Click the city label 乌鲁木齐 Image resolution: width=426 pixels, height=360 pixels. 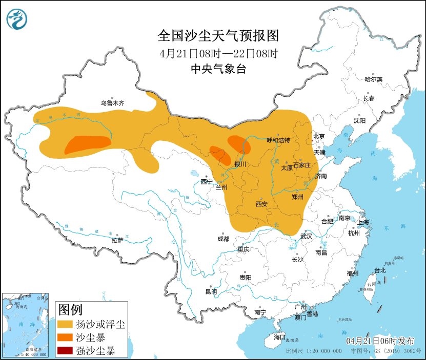click(x=112, y=103)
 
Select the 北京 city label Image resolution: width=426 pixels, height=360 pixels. click(x=319, y=136)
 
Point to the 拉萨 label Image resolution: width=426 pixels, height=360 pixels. click(x=117, y=240)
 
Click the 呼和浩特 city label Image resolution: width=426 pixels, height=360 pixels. click(x=278, y=140)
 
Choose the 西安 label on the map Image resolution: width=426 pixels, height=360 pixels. click(x=261, y=204)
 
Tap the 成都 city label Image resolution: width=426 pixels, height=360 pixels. click(x=223, y=239)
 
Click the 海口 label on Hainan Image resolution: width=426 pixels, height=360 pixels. click(x=279, y=337)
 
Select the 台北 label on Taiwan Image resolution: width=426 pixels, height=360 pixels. click(x=379, y=270)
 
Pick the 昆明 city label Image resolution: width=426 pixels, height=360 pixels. click(x=211, y=291)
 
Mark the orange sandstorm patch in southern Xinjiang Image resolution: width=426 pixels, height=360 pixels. click(x=87, y=144)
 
